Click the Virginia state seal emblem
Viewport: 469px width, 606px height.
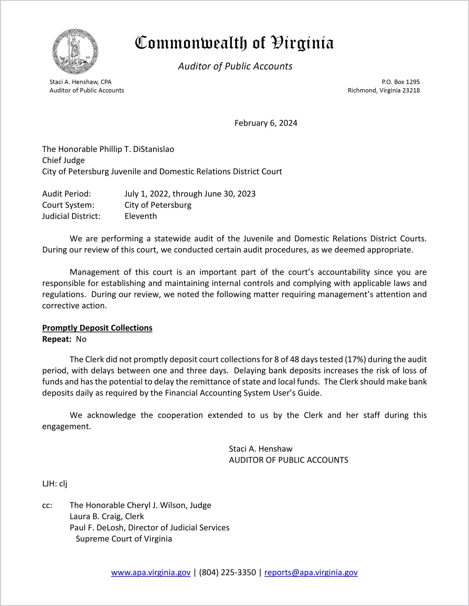(x=75, y=51)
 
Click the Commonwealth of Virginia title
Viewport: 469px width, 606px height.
(x=234, y=43)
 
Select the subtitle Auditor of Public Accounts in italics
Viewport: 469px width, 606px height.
(x=235, y=66)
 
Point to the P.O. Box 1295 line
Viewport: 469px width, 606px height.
(x=401, y=82)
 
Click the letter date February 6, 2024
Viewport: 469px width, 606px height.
(x=266, y=123)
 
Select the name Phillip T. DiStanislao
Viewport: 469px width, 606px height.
(x=137, y=149)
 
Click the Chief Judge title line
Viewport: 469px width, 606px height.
(x=63, y=160)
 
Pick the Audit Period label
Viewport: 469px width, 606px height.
(x=67, y=194)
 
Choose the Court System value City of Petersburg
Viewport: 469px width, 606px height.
(x=158, y=205)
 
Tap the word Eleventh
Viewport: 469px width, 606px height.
(x=141, y=216)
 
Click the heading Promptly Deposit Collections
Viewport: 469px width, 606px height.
(x=97, y=328)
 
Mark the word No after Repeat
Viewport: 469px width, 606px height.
(x=81, y=339)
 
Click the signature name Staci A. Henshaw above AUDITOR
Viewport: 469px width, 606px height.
(x=261, y=449)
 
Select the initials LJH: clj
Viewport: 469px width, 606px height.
(x=55, y=484)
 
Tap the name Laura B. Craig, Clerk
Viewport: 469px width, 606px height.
(x=107, y=517)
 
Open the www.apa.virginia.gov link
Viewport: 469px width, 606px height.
(x=151, y=572)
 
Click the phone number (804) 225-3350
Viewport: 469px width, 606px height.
(x=227, y=572)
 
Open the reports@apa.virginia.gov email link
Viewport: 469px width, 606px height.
(x=311, y=572)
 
